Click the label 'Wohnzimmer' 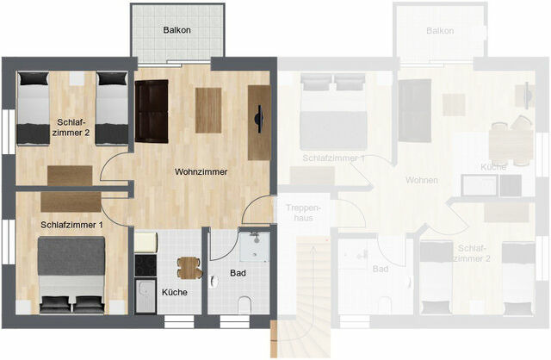pyautogui.click(x=201, y=172)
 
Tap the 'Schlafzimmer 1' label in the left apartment pyautogui.click(x=71, y=225)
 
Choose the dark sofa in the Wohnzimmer pyautogui.click(x=151, y=111)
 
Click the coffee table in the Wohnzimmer pyautogui.click(x=209, y=110)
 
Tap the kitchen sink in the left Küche pyautogui.click(x=145, y=297)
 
